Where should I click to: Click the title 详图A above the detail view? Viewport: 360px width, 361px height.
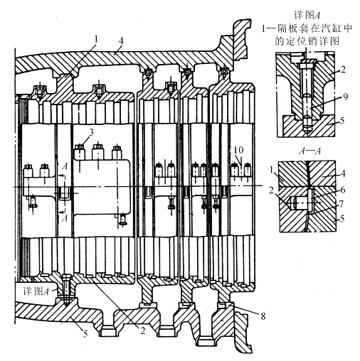tap(307, 15)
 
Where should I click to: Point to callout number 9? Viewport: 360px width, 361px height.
tap(345, 97)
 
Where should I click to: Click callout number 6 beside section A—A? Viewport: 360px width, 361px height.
tap(342, 190)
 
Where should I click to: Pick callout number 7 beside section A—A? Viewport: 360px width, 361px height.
tap(342, 204)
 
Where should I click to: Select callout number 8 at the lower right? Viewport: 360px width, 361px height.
tap(263, 316)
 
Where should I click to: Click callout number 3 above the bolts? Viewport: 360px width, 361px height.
tap(91, 132)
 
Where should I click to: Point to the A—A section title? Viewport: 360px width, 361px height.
tap(309, 151)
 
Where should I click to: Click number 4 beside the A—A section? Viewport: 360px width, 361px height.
tap(343, 173)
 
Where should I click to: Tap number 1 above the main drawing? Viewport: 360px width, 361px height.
tap(96, 39)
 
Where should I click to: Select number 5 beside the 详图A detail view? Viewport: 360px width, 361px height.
tap(342, 121)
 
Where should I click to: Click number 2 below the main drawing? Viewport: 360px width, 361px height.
tap(142, 330)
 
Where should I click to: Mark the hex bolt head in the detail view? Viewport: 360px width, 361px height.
tap(307, 65)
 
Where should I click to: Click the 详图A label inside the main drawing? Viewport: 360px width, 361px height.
tap(36, 291)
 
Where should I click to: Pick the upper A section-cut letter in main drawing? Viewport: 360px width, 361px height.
tap(65, 166)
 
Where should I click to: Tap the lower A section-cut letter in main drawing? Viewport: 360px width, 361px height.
tap(65, 218)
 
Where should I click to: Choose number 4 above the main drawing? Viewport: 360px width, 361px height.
tap(121, 41)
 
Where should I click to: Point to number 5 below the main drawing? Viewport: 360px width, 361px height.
tap(85, 334)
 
